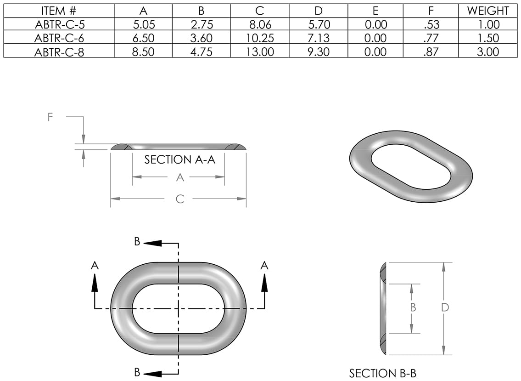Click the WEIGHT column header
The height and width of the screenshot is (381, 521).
[x=488, y=11]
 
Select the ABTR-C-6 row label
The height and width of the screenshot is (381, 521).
[x=59, y=38]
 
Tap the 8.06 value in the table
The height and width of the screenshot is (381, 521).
[x=260, y=25]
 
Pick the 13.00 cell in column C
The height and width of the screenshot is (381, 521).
[x=260, y=52]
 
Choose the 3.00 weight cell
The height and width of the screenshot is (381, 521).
[x=488, y=52]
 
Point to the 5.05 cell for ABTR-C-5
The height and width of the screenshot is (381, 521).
[x=143, y=25]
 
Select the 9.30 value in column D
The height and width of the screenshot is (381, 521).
[x=318, y=52]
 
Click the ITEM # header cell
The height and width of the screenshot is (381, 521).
[x=59, y=11]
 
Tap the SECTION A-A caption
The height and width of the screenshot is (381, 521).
[x=180, y=160]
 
